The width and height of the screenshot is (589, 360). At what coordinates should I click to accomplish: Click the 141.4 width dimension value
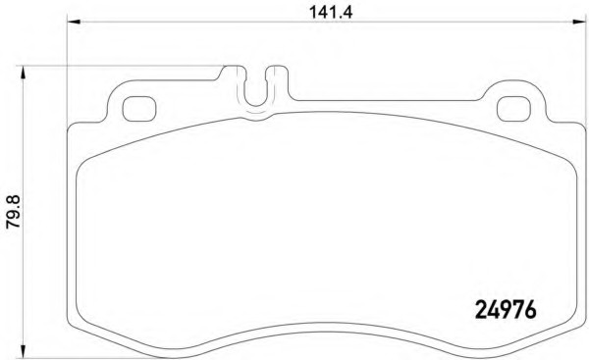click(331, 13)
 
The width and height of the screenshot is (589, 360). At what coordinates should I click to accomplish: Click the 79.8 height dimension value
click(14, 212)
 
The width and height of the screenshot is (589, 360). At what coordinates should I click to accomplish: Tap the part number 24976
click(506, 310)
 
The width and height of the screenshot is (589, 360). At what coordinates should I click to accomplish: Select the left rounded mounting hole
click(139, 109)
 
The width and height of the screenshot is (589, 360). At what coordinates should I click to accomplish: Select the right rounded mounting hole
click(513, 109)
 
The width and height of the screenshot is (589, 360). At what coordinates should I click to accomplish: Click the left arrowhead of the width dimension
click(74, 22)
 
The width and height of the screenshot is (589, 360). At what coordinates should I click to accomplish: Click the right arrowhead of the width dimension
click(579, 22)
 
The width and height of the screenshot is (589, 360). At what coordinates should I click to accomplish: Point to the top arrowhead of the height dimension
click(24, 73)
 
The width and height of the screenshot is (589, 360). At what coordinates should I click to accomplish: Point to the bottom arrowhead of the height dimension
click(24, 351)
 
